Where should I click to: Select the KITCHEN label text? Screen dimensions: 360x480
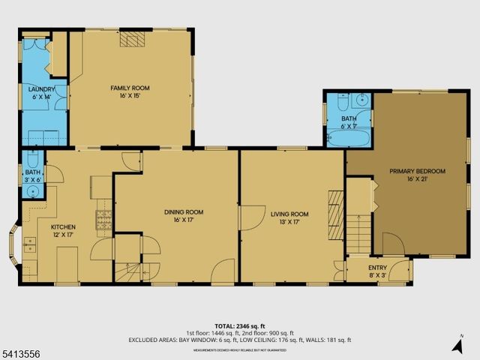(x=63, y=226)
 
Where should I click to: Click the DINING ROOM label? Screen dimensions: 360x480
(x=184, y=212)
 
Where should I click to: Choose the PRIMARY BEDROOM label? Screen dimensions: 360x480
(x=417, y=171)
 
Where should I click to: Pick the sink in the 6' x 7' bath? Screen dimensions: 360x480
(x=361, y=99)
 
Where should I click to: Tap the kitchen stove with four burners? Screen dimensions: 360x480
(x=103, y=218)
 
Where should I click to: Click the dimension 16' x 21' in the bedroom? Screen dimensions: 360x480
(x=417, y=179)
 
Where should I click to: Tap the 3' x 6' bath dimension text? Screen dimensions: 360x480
(x=32, y=179)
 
